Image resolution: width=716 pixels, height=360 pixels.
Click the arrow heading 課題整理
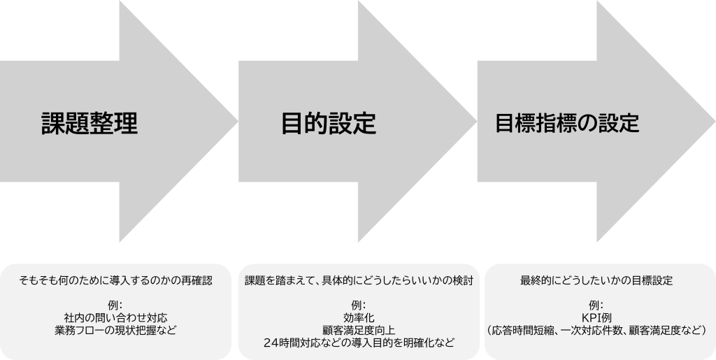[x=89, y=123]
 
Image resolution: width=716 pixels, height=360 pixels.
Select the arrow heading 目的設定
[x=329, y=124]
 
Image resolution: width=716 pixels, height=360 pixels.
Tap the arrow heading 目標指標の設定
[x=567, y=123]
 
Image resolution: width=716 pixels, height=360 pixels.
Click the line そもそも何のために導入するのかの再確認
[x=115, y=280]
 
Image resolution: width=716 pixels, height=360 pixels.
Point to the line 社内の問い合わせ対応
[x=115, y=317]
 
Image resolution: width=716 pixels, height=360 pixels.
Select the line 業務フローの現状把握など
[x=115, y=330]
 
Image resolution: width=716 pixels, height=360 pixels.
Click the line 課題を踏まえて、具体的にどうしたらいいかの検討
[x=359, y=280]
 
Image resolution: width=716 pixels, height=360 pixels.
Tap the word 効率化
[x=359, y=317]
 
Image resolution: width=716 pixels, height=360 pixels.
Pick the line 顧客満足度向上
[x=359, y=330]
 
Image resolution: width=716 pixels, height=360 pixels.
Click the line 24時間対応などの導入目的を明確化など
[x=359, y=343]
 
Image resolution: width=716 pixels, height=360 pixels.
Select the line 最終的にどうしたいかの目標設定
[x=596, y=280]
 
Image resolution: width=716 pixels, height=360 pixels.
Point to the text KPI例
[x=596, y=317]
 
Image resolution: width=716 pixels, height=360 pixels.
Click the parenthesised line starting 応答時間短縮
[x=596, y=330]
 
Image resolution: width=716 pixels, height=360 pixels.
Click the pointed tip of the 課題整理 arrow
[x=236, y=124]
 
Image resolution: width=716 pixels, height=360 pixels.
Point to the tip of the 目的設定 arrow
[x=475, y=124]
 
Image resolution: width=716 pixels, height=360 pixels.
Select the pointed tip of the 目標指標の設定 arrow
[x=713, y=124]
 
